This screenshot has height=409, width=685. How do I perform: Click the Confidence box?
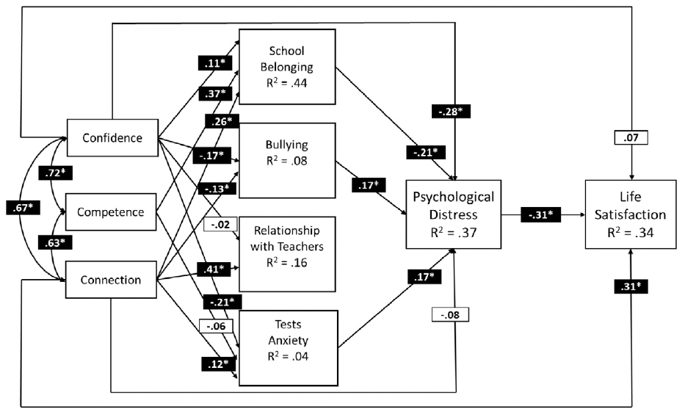pos(112,137)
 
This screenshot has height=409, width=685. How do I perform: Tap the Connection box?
pos(112,279)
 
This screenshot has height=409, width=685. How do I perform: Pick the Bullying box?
pos(286,160)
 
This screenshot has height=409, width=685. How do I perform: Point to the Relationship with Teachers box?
pos(286,250)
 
